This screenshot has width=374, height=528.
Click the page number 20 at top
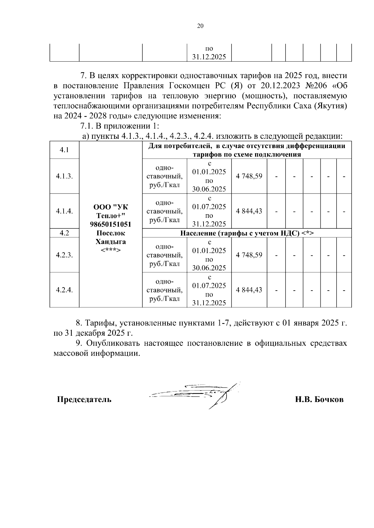pyautogui.click(x=200, y=26)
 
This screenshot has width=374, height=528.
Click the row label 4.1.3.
pyautogui.click(x=64, y=176)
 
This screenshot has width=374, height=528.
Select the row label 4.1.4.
pyautogui.click(x=64, y=211)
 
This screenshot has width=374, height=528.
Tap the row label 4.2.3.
pyautogui.click(x=64, y=255)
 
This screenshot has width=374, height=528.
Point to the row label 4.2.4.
pyautogui.click(x=64, y=290)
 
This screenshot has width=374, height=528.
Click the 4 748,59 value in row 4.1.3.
pyautogui.click(x=249, y=176)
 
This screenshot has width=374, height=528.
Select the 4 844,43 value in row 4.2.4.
pyautogui.click(x=249, y=290)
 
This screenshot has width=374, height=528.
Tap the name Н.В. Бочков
pyautogui.click(x=319, y=400)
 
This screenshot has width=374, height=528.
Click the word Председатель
pyautogui.click(x=84, y=400)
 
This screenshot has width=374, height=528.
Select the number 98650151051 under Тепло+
pyautogui.click(x=110, y=224)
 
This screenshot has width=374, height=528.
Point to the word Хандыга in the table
pyautogui.click(x=110, y=242)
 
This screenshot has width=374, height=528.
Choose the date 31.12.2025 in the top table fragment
pyautogui.click(x=209, y=57)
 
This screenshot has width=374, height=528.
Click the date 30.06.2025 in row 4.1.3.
pyautogui.click(x=209, y=189)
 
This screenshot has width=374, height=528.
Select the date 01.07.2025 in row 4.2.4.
pyautogui.click(x=209, y=286)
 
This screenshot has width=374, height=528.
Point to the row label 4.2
pyautogui.click(x=64, y=233)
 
